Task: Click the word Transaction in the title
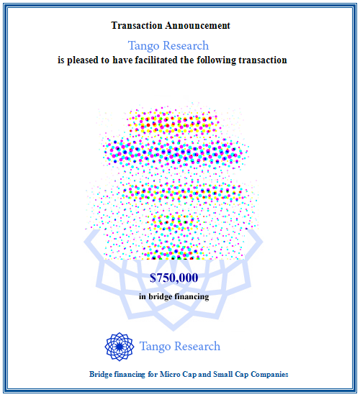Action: click(x=137, y=25)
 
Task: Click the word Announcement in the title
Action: click(x=198, y=25)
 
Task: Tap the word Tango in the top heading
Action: click(x=144, y=46)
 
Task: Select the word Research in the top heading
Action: click(x=186, y=45)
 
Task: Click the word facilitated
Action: click(x=156, y=60)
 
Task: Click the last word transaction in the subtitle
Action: click(x=263, y=60)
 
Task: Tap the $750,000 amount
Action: click(x=174, y=278)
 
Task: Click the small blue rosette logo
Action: click(x=120, y=347)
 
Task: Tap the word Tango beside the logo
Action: click(x=155, y=347)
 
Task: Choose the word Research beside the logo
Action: click(x=197, y=346)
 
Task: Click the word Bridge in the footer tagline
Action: click(x=101, y=374)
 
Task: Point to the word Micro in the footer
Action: click(x=169, y=374)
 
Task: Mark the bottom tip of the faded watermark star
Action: click(x=174, y=331)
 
